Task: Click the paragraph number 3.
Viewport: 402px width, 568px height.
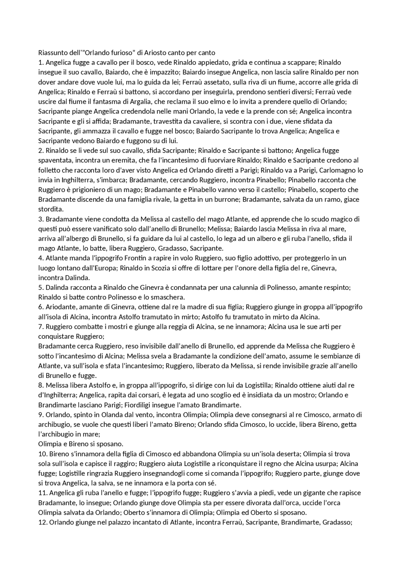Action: click(x=41, y=219)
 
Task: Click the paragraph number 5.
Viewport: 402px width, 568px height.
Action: click(x=41, y=288)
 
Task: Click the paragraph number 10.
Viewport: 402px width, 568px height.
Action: click(x=42, y=454)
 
